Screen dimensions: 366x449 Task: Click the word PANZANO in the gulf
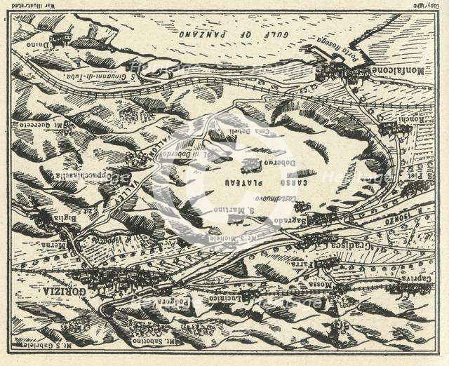[208, 33]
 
